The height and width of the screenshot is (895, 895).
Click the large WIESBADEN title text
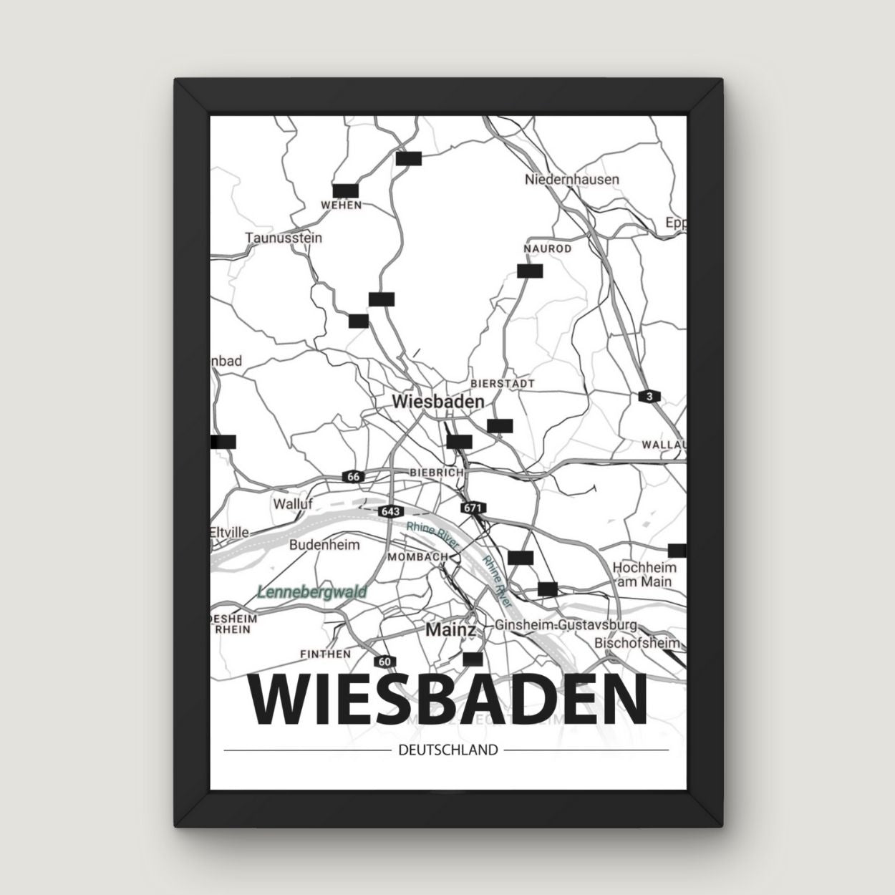447,700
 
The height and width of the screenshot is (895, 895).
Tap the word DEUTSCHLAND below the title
445,750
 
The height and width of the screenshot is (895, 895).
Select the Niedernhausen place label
571,179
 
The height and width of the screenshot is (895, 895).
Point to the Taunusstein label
284,238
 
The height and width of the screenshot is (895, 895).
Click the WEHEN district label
342,205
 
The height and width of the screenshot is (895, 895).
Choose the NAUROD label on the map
548,248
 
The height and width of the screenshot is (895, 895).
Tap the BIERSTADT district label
503,384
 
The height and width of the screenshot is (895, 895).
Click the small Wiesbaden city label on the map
437,402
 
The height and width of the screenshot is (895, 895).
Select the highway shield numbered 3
649,397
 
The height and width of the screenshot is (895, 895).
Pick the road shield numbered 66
352,477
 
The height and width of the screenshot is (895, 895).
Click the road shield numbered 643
390,511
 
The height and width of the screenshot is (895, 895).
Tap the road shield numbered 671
473,508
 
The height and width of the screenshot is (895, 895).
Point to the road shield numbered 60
385,661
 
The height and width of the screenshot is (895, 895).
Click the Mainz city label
450,630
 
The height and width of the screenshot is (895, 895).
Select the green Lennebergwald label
311,592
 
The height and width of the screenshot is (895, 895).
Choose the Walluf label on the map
293,504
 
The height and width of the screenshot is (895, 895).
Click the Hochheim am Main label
644,574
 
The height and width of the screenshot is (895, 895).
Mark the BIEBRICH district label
436,473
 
